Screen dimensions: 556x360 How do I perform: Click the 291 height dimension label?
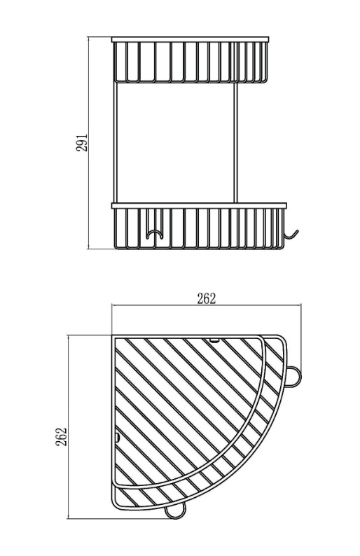81,143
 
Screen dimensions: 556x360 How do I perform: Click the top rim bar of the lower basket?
200,205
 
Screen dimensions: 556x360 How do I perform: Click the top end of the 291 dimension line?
89,37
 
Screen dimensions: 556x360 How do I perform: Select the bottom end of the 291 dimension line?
89,248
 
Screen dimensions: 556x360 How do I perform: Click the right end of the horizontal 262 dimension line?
300,307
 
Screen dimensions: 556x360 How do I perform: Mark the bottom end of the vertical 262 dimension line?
68,518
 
